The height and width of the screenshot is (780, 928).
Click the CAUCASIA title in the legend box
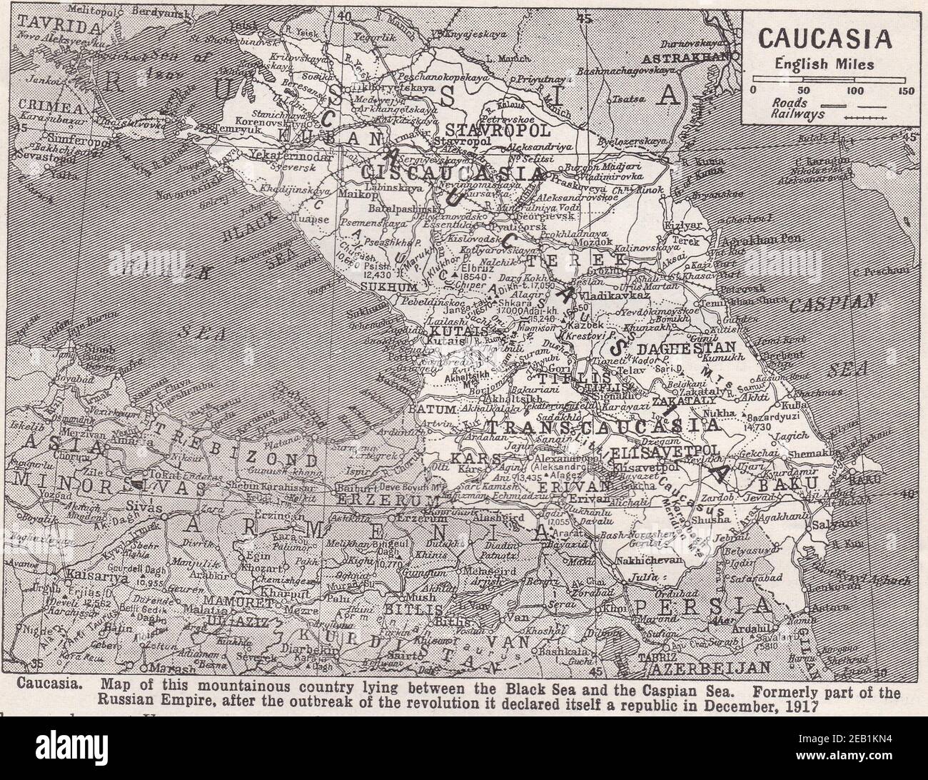[x=825, y=38]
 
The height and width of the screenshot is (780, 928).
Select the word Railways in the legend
[x=797, y=114]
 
